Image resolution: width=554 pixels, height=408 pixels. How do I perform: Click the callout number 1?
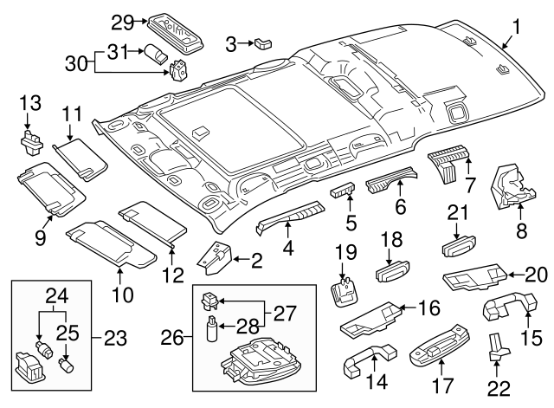pyautogui.click(x=516, y=29)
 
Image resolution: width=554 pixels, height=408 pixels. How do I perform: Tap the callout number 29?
pyautogui.click(x=123, y=21)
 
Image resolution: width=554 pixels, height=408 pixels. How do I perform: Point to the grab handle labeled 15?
pyautogui.click(x=500, y=311)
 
